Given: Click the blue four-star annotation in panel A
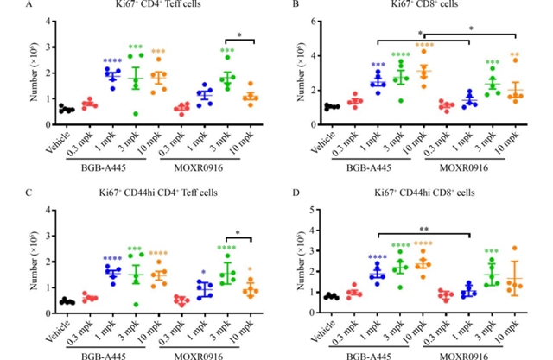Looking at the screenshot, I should click(111, 61).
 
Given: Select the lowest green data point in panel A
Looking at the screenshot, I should click(135, 113).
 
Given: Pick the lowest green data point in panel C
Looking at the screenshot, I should click(135, 304).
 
